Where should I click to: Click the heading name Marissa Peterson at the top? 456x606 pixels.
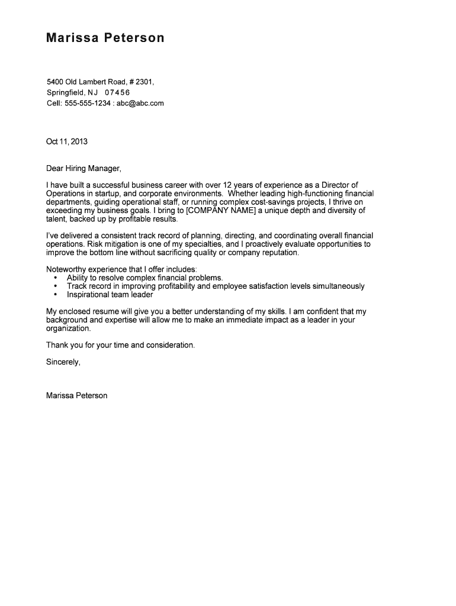(105, 38)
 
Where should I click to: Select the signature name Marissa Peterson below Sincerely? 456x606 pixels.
(76, 395)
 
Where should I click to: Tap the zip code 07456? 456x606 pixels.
(117, 93)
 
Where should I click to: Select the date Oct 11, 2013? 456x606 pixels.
(66, 141)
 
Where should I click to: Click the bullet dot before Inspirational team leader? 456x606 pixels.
(56, 295)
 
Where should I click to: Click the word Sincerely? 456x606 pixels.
(63, 362)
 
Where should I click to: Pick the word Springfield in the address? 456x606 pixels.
(66, 93)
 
